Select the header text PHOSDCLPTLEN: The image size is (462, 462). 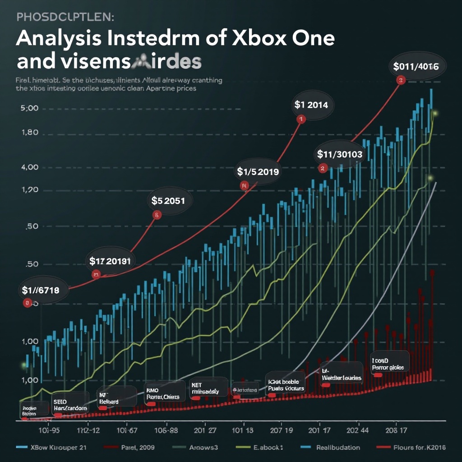[65, 17]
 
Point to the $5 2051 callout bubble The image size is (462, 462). [168, 200]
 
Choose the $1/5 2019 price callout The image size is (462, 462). [258, 171]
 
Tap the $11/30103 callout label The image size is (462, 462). [340, 154]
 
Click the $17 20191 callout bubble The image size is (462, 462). [110, 261]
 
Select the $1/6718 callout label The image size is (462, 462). [41, 290]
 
